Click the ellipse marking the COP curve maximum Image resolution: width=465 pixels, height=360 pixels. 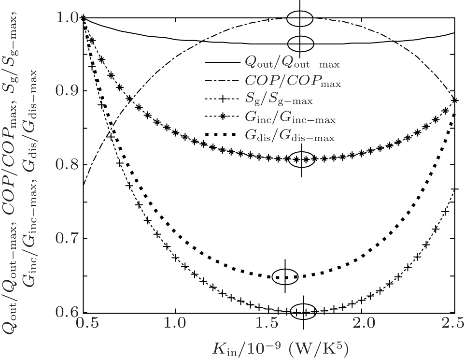(300, 19)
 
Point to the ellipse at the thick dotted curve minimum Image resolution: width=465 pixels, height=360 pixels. (285, 276)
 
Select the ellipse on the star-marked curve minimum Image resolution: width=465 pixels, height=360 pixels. (301, 159)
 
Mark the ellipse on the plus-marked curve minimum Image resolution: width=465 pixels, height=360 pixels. (303, 312)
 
